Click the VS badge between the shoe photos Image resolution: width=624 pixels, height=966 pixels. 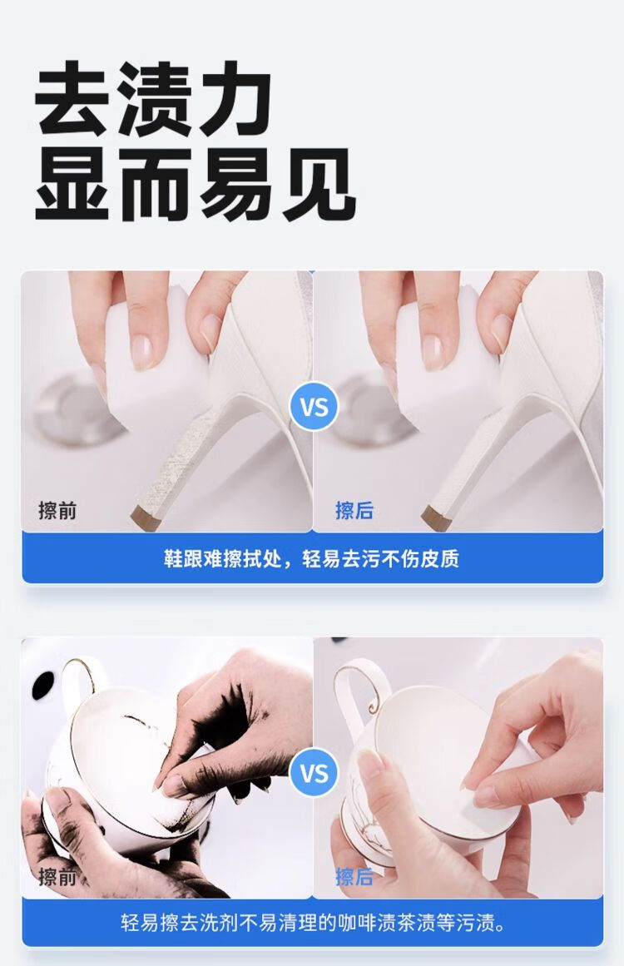pos(314,407)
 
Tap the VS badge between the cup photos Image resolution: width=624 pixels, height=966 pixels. pos(314,773)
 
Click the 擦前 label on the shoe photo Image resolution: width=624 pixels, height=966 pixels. pos(57,510)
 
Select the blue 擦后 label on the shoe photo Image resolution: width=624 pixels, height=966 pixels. pos(354,510)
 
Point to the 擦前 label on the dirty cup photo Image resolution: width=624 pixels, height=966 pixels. pos(57,876)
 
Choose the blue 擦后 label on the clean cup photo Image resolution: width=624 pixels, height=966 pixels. pos(354,876)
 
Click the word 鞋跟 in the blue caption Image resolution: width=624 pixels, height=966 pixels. pos(183,559)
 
